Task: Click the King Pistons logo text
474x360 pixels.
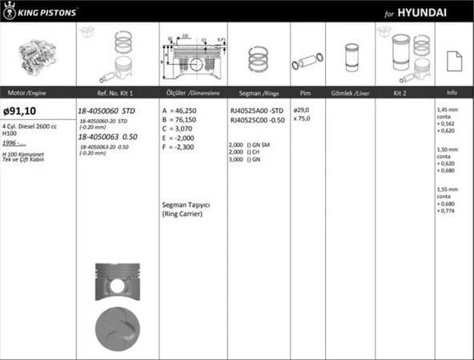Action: point(48,13)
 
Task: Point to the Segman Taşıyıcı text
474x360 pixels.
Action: point(189,206)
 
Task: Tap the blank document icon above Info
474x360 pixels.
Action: point(452,59)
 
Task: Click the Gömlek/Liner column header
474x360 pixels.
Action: point(349,93)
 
